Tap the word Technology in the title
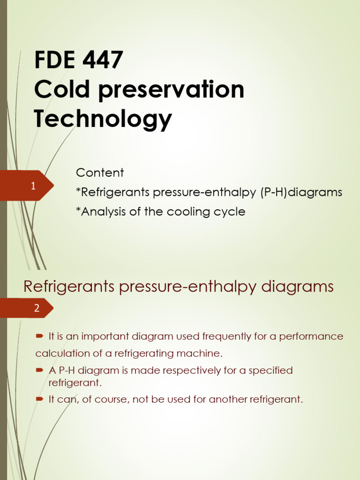pos(103,119)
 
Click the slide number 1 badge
pos(33,186)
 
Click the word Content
pos(100,172)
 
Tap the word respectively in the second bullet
pos(189,370)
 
